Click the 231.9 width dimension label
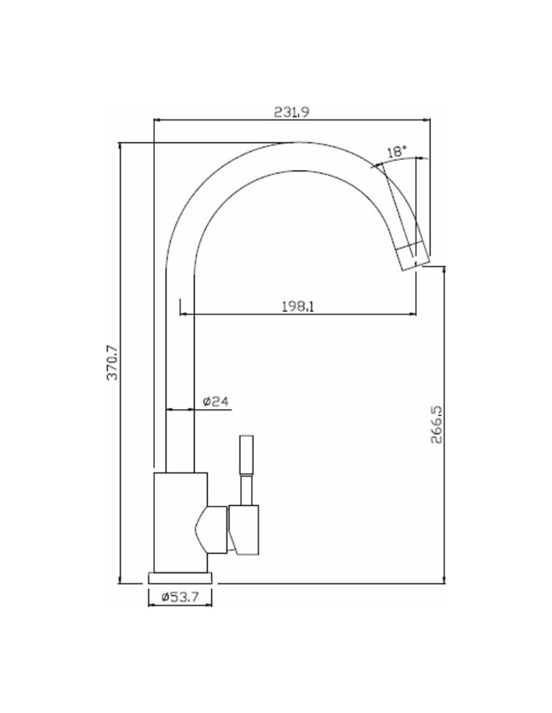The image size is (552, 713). tap(292, 112)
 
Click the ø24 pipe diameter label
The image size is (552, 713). tap(215, 401)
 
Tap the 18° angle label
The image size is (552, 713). tap(396, 152)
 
